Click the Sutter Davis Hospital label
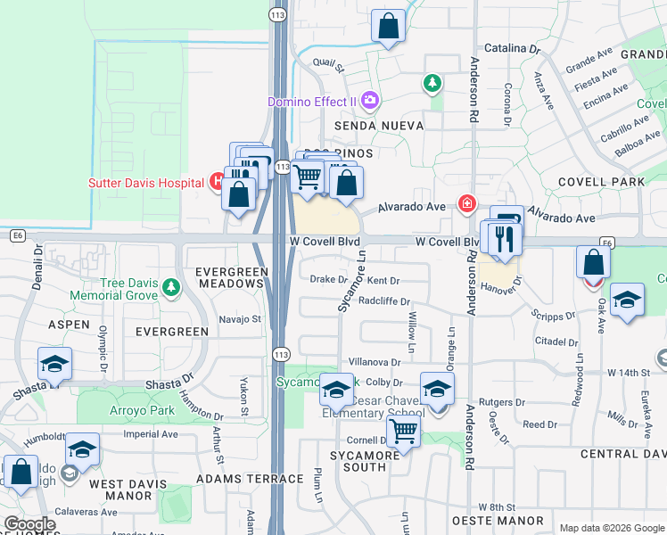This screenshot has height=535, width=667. coord(146,184)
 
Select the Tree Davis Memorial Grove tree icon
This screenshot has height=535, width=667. coord(171,288)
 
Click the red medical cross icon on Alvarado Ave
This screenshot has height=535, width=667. coord(466,204)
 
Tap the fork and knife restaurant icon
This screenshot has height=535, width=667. coord(505,238)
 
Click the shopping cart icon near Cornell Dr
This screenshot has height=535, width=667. coord(404,432)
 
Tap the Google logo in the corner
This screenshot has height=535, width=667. coord(29,524)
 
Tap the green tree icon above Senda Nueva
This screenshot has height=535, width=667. coord(432,84)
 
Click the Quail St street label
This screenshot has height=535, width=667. coord(329,62)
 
